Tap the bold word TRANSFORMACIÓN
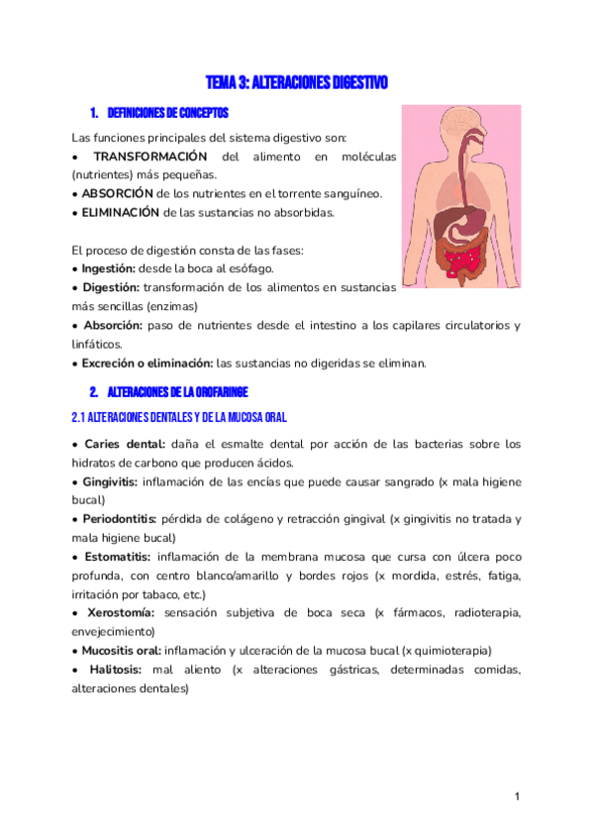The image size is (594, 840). click(149, 157)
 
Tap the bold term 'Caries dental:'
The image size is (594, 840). click(125, 444)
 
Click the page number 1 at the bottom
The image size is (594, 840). click(517, 796)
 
